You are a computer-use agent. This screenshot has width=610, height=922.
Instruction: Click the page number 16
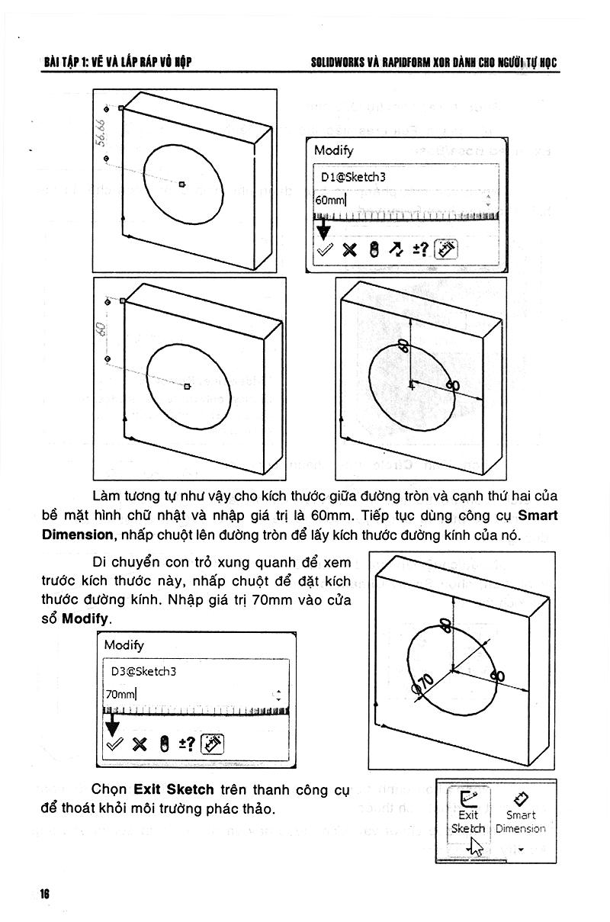click(x=45, y=894)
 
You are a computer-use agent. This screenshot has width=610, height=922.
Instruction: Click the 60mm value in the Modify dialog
click(x=330, y=201)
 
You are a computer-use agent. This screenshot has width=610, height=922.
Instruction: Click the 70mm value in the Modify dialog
click(x=120, y=694)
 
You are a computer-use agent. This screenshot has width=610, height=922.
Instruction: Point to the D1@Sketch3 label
click(x=353, y=177)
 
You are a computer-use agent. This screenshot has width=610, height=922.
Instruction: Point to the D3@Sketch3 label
click(x=143, y=671)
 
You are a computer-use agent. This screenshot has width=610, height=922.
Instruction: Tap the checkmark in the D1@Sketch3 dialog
click(x=326, y=249)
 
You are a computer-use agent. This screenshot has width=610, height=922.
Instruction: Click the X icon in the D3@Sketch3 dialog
click(x=139, y=744)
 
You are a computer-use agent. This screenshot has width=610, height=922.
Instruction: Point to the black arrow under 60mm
click(x=324, y=229)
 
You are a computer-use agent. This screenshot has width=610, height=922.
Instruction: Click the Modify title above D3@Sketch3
click(x=124, y=645)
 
